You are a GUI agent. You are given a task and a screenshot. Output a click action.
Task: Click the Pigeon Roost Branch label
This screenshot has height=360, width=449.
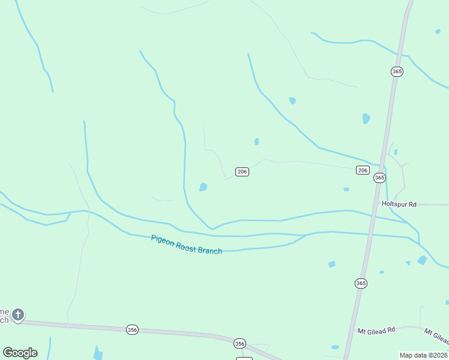tap(186, 244)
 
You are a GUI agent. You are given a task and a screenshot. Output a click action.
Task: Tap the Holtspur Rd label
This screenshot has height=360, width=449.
tap(399, 204)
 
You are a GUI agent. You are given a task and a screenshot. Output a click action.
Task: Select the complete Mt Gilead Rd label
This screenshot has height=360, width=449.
tap(376, 330)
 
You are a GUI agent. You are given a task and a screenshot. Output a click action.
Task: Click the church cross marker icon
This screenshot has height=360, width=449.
tap(18, 314)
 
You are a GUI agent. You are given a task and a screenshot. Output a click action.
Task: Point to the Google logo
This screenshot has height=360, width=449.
tap(20, 352)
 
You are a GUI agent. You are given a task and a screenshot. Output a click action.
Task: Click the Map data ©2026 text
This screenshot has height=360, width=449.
tap(424, 355)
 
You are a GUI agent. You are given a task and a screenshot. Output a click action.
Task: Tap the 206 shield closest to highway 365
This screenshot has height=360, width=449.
tap(363, 170)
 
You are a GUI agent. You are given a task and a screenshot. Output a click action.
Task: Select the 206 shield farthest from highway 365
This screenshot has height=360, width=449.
tap(242, 172)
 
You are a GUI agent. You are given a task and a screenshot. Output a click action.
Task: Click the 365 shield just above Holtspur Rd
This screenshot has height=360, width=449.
tap(379, 178)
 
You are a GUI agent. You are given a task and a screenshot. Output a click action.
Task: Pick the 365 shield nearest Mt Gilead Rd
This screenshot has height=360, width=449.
tap(360, 283)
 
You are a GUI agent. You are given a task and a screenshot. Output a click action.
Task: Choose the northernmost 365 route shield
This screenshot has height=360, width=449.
tap(396, 71)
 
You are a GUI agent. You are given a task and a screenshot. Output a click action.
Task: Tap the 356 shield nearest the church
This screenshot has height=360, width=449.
tap(133, 329)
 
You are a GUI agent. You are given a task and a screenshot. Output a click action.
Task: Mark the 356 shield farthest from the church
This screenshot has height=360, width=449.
tap(240, 343)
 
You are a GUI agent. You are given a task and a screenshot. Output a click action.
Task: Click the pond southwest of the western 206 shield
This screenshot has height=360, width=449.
tap(203, 187)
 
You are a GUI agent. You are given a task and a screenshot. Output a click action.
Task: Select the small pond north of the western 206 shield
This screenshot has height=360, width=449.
tap(256, 142)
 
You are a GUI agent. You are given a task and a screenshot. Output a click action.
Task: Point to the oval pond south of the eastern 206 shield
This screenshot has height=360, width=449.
tap(346, 189)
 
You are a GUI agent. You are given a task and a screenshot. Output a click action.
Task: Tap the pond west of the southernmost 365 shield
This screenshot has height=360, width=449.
tap(331, 264)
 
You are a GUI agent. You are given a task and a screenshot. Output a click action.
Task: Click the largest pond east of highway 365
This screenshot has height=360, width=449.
tap(423, 260)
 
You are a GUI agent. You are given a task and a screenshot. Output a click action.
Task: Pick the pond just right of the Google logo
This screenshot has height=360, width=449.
tap(97, 353)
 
